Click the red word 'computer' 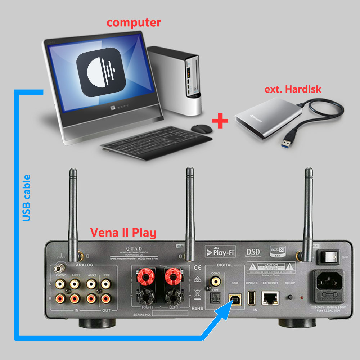(x=134, y=22)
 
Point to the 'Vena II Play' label (x=123, y=233)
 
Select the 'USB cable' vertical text (x=26, y=198)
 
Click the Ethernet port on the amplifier (x=269, y=297)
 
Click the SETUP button (x=290, y=297)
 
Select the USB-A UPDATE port (x=252, y=297)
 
